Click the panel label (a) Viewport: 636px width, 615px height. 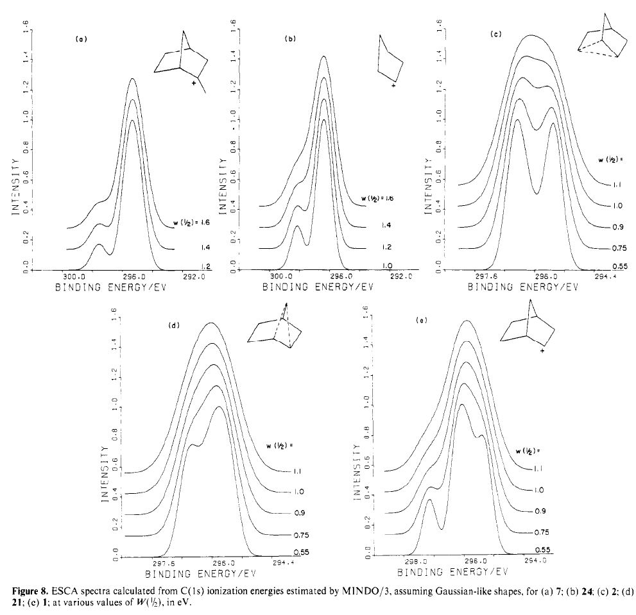click(81, 40)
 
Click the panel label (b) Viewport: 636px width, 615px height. click(290, 40)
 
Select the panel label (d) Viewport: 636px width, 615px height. click(173, 326)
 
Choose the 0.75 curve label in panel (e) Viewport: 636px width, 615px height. click(542, 532)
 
